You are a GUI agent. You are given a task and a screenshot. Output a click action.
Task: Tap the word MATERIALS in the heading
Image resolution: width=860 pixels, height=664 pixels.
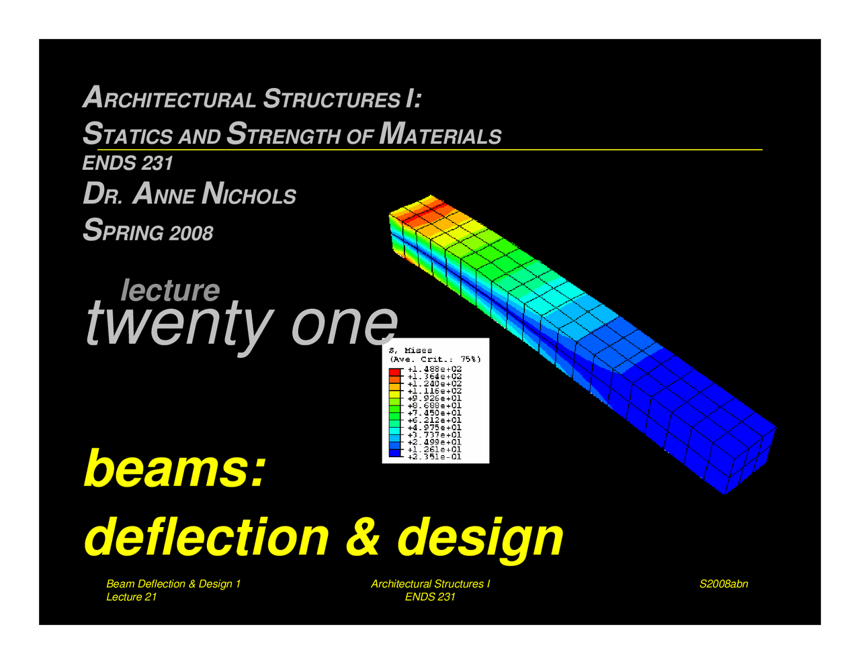coord(440,134)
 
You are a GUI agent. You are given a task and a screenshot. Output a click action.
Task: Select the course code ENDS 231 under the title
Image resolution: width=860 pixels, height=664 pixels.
coord(128,163)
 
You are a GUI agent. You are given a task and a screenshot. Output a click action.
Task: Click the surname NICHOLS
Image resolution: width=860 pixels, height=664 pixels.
coord(249,195)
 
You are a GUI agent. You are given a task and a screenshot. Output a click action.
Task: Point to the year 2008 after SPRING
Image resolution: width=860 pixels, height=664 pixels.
coord(191,233)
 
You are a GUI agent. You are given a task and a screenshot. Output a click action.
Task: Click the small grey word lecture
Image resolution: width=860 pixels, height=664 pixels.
coord(170,290)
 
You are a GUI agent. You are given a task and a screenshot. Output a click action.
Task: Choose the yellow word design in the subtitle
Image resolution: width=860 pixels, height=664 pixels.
coord(480,536)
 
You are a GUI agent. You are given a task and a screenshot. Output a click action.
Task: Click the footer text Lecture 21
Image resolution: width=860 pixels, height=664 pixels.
coord(132,597)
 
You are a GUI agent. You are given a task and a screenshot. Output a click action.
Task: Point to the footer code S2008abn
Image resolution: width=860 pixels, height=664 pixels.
coord(724,584)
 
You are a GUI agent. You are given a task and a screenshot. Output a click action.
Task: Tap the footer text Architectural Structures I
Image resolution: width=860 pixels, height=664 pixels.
coord(430,584)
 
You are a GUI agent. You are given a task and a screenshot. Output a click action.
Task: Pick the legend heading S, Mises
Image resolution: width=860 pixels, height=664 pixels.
coord(411,350)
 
